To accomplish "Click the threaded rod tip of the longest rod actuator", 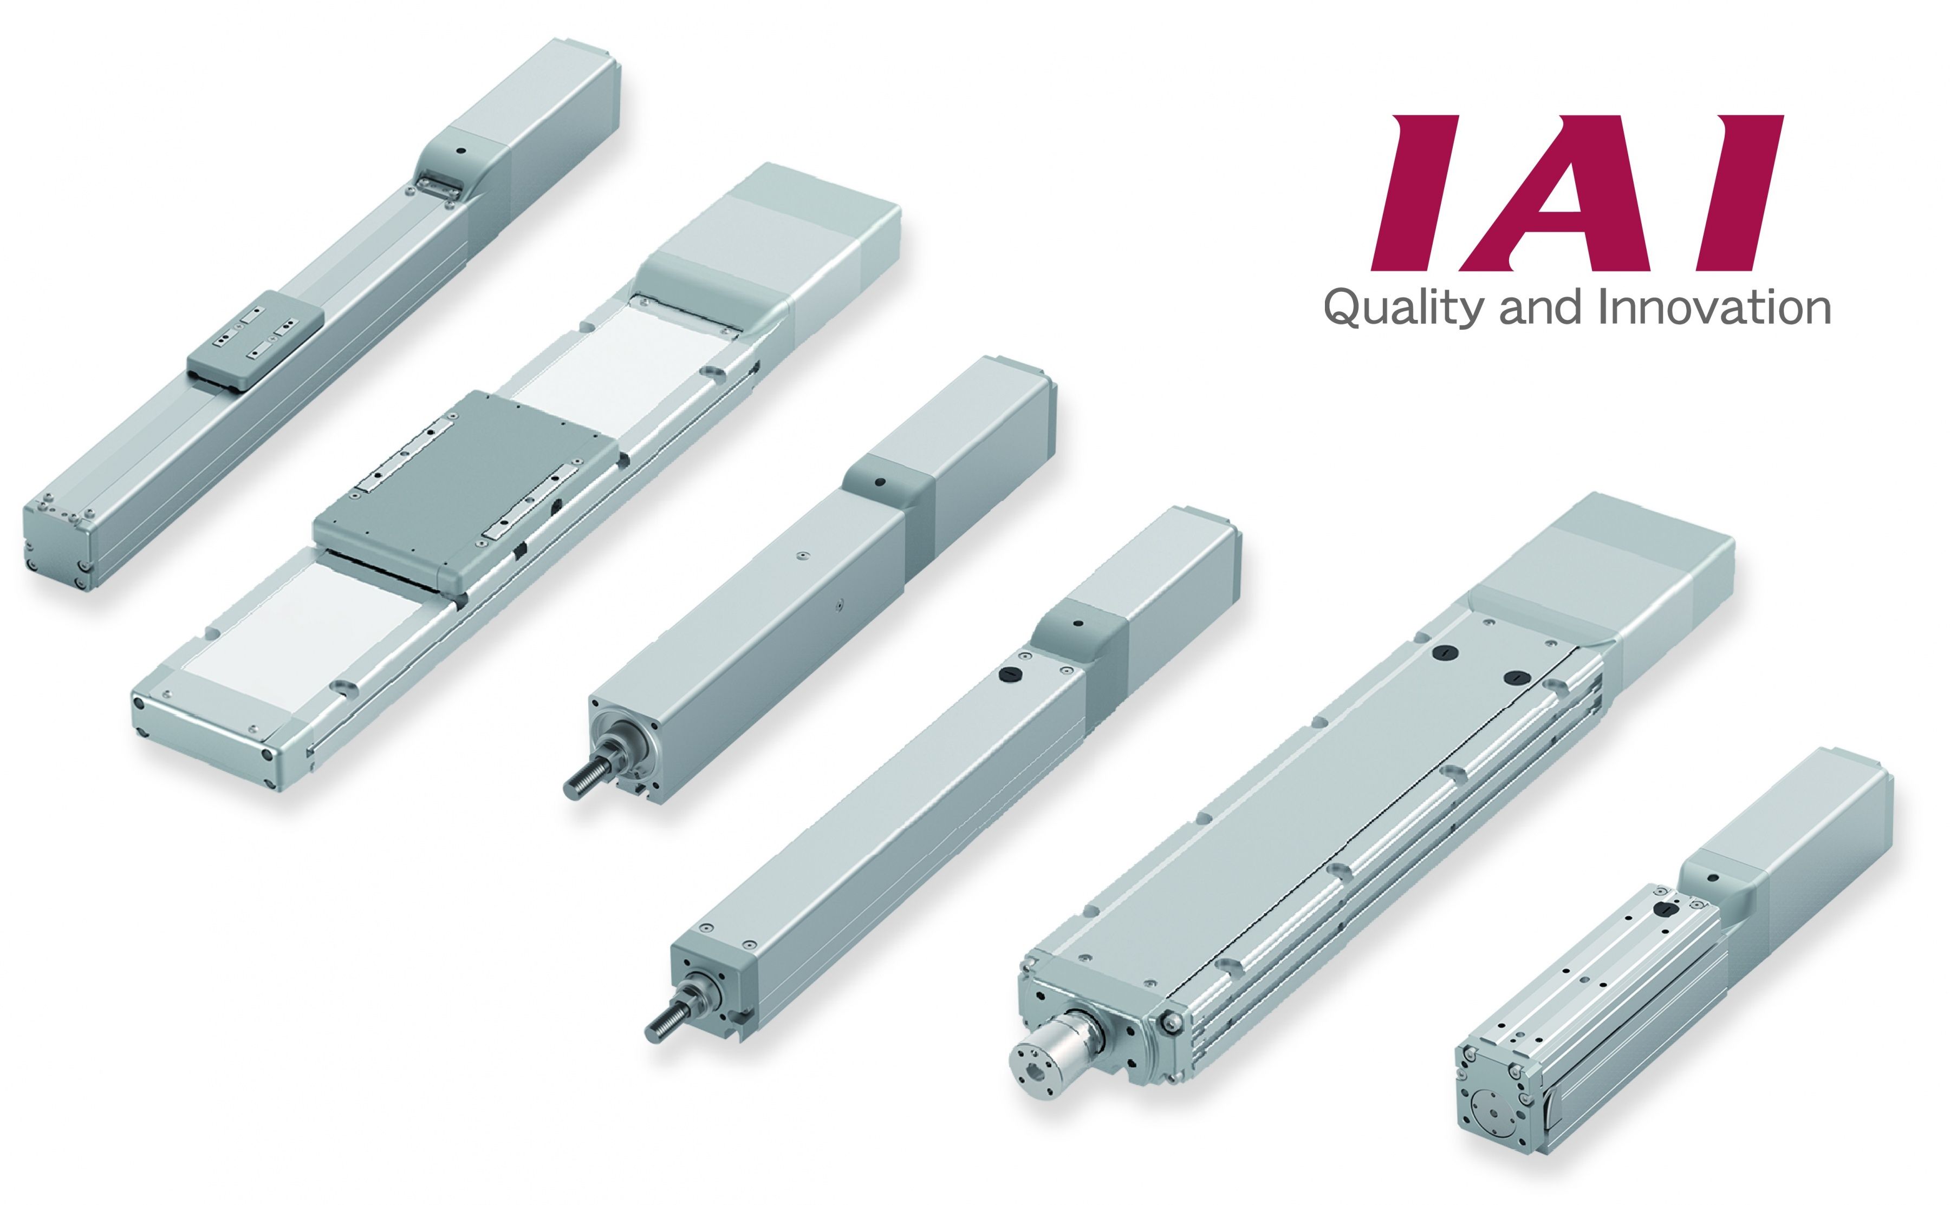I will click(x=662, y=1033).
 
